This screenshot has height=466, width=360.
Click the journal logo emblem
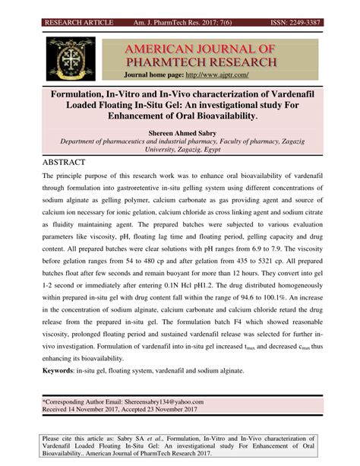click(71, 58)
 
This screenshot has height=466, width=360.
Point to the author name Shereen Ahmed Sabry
click(179, 132)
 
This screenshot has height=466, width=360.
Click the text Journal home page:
click(152, 76)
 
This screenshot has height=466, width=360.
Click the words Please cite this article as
click(84, 438)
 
